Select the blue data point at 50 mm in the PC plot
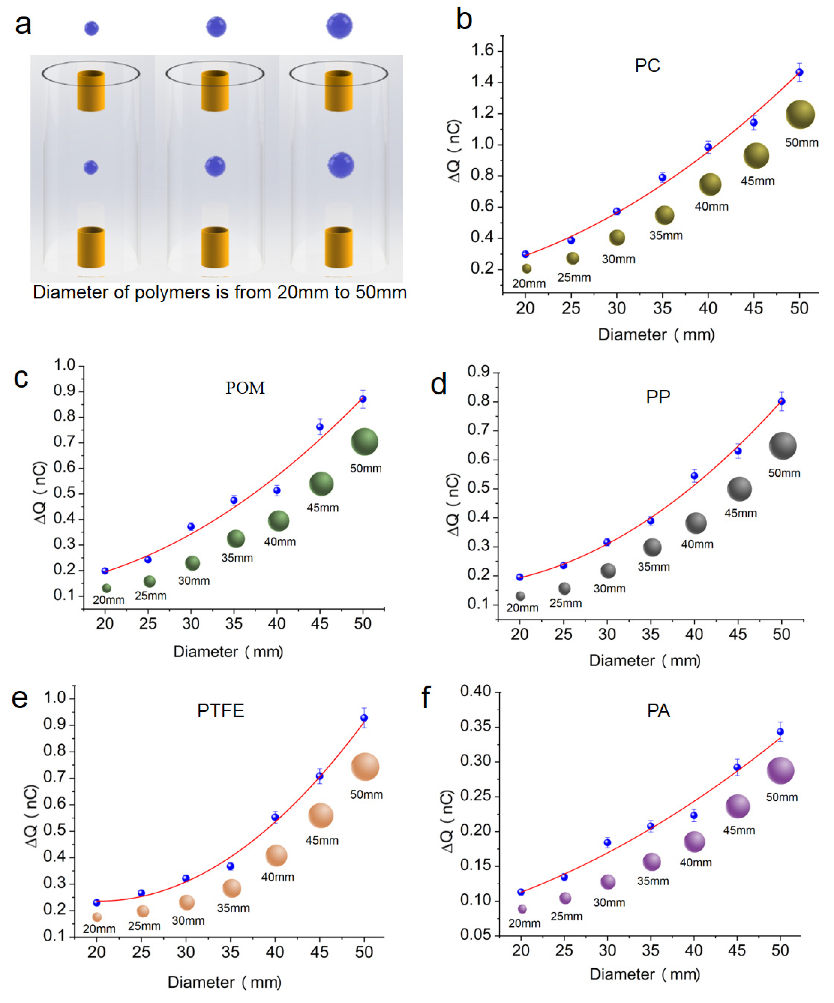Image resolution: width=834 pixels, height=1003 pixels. click(799, 72)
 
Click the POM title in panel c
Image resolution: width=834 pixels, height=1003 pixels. click(245, 388)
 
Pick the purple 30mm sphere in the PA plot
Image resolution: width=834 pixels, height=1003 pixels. click(608, 882)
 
